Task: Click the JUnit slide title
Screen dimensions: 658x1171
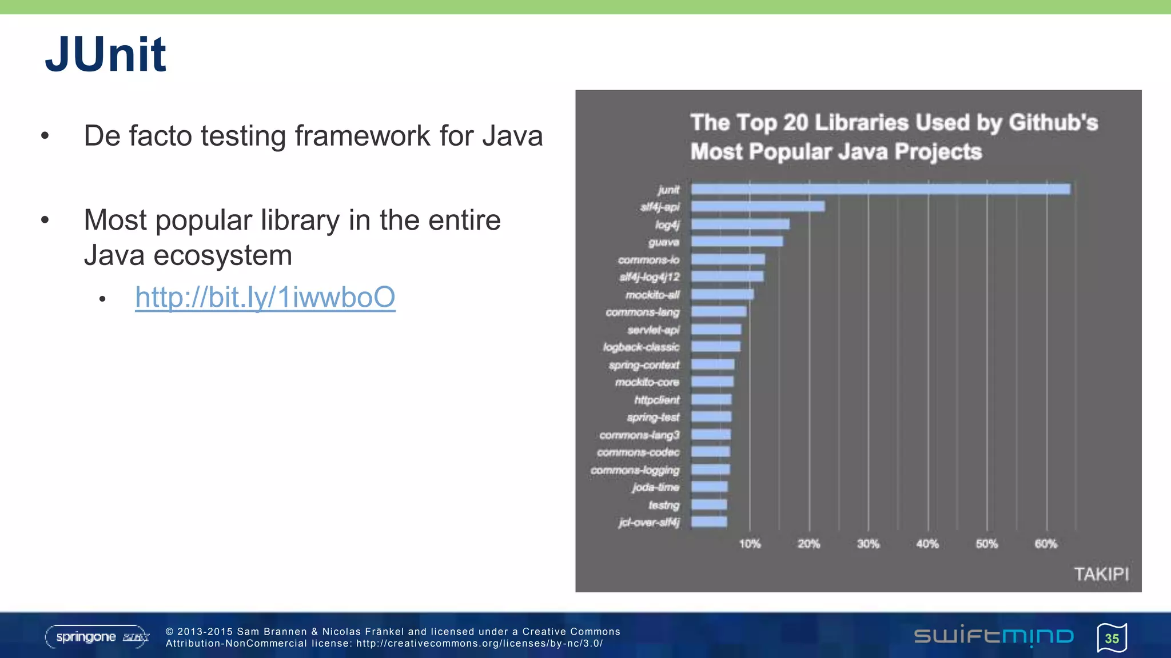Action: coord(106,55)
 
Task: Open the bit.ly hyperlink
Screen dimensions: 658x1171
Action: coord(265,298)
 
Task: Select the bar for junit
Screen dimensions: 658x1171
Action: coord(880,189)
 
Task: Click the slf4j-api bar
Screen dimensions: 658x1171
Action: coord(758,207)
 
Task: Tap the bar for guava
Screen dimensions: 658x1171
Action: coord(737,242)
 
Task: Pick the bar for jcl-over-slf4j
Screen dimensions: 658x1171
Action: coord(709,522)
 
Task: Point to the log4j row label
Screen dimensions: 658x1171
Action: coord(667,225)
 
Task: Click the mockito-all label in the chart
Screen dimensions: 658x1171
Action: coord(652,295)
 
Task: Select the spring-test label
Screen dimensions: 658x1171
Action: coord(653,418)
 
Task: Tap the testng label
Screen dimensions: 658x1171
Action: coord(664,505)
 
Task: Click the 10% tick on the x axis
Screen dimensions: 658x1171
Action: coord(750,544)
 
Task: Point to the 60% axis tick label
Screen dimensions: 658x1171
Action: coord(1046,544)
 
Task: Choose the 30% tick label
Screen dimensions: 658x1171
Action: coord(868,544)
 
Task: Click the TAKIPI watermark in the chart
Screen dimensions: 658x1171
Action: coord(1101,574)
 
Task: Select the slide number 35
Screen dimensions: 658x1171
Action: coord(1112,639)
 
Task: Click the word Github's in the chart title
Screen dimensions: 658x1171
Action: coord(1053,123)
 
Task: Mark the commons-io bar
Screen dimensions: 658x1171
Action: coord(728,259)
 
